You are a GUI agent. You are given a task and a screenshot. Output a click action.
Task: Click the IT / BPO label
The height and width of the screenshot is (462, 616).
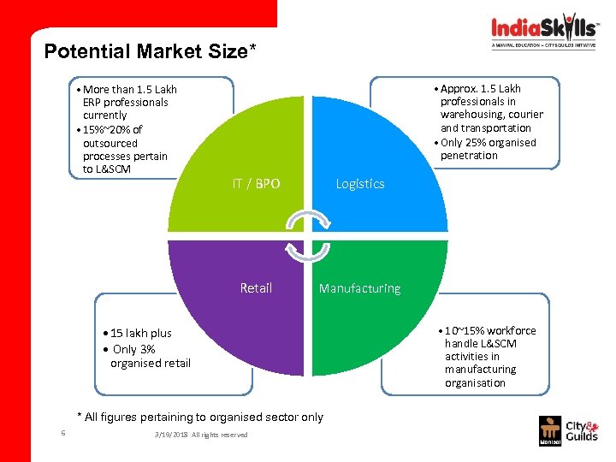pyautogui.click(x=256, y=183)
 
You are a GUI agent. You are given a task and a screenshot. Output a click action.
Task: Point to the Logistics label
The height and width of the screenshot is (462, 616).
pyautogui.click(x=360, y=184)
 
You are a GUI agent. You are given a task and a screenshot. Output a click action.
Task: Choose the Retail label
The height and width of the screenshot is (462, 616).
pyautogui.click(x=256, y=288)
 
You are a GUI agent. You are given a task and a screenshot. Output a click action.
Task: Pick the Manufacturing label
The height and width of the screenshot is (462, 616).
pyautogui.click(x=359, y=288)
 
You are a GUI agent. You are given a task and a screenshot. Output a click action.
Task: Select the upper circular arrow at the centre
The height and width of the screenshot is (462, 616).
pyautogui.click(x=307, y=220)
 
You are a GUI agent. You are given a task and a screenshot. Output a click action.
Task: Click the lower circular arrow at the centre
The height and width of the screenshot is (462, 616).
pyautogui.click(x=307, y=251)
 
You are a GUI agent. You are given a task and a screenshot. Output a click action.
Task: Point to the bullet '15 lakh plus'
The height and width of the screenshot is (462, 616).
pyautogui.click(x=139, y=333)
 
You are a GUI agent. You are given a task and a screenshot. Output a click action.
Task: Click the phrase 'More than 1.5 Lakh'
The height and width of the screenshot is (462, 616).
pyautogui.click(x=129, y=89)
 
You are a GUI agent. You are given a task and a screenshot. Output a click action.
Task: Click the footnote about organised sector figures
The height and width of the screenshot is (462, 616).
pyautogui.click(x=200, y=417)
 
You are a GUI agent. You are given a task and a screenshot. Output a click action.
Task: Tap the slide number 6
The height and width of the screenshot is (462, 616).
pyautogui.click(x=63, y=433)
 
